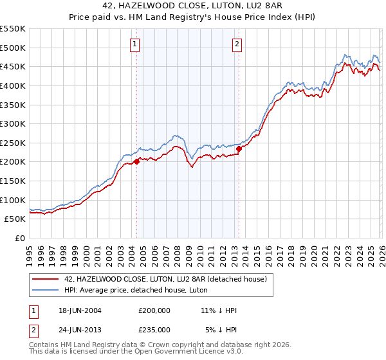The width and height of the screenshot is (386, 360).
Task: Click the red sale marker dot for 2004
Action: pyautogui.click(x=136, y=162)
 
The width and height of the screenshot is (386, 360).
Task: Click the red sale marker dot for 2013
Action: pyautogui.click(x=239, y=148)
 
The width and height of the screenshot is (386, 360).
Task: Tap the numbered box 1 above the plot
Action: pyautogui.click(x=135, y=44)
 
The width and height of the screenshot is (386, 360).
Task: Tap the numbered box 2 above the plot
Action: pyautogui.click(x=237, y=44)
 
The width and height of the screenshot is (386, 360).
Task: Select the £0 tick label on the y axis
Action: pyautogui.click(x=21, y=238)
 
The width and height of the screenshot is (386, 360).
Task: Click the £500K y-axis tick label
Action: pyautogui.click(x=13, y=48)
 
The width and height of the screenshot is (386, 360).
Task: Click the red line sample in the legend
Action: pyautogui.click(x=46, y=278)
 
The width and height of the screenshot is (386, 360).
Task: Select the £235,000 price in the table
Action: pyautogui.click(x=154, y=329)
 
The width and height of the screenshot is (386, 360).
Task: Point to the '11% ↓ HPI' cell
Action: pyautogui.click(x=219, y=311)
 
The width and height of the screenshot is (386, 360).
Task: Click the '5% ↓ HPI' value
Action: pyautogui.click(x=221, y=329)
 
